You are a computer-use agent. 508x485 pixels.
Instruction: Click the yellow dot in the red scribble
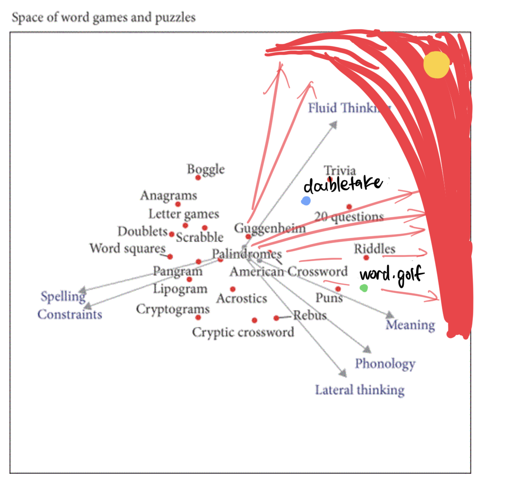(x=436, y=65)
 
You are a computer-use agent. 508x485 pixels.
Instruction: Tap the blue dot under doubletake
(x=306, y=201)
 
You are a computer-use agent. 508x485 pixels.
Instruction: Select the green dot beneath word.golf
(x=364, y=288)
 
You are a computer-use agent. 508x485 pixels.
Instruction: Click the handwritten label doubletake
(x=343, y=184)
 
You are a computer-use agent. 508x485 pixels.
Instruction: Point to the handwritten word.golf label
(x=392, y=275)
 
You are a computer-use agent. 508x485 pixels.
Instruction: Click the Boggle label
(x=206, y=169)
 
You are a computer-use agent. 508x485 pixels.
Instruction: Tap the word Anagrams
(x=168, y=196)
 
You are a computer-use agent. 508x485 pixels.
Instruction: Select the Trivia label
(x=340, y=171)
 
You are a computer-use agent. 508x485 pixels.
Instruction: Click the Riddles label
(x=374, y=249)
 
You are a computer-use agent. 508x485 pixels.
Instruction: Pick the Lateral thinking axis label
(x=360, y=390)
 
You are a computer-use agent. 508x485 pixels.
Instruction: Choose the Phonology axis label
(x=385, y=364)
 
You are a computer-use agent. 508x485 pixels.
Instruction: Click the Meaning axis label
(x=410, y=325)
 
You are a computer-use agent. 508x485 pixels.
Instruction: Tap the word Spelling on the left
(x=63, y=297)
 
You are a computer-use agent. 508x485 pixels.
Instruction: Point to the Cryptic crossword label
(x=243, y=333)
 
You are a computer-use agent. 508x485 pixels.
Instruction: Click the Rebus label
(x=310, y=315)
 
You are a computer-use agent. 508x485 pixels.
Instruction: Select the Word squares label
(x=127, y=249)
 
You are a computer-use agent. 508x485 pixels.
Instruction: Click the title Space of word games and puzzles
(x=103, y=18)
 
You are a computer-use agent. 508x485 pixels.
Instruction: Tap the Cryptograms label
(x=173, y=309)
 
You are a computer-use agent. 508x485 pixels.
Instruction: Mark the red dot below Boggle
(x=198, y=178)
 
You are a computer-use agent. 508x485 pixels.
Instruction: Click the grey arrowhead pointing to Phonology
(x=367, y=349)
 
